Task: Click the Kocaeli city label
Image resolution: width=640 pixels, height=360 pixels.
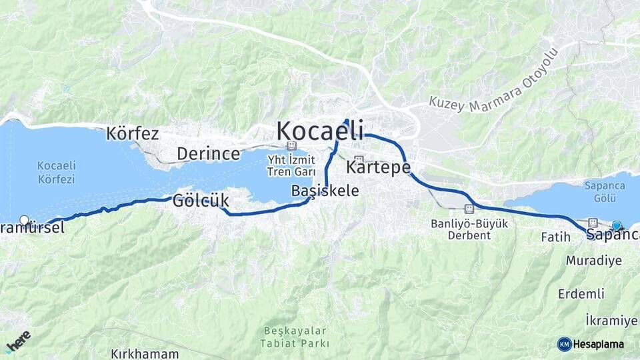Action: [x=320, y=129]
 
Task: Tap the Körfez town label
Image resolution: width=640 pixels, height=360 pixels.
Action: [x=132, y=134]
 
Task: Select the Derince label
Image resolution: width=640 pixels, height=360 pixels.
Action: [x=208, y=154]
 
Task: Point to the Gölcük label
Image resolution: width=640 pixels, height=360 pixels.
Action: [x=201, y=200]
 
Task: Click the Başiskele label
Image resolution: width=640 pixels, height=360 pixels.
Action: [x=325, y=191]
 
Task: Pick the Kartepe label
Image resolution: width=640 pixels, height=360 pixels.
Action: [x=378, y=167]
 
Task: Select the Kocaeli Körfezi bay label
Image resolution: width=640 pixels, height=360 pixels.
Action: [x=56, y=172]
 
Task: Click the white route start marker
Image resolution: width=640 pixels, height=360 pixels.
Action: [x=25, y=220]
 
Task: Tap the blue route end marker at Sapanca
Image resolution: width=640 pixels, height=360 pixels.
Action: [x=617, y=225]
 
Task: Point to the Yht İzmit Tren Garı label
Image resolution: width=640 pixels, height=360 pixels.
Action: [x=291, y=164]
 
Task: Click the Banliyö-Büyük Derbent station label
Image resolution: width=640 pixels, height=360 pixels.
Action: [x=469, y=228]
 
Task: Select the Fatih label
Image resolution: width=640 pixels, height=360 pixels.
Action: [x=555, y=237]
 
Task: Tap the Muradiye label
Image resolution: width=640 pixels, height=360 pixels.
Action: [x=593, y=261]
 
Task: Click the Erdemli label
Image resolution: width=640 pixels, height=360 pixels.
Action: [x=581, y=293]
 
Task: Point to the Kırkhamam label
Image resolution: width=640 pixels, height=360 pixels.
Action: [x=145, y=354]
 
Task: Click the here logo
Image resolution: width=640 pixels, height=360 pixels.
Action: [x=18, y=342]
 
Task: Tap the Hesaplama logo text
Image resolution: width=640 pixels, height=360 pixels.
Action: [x=598, y=344]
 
